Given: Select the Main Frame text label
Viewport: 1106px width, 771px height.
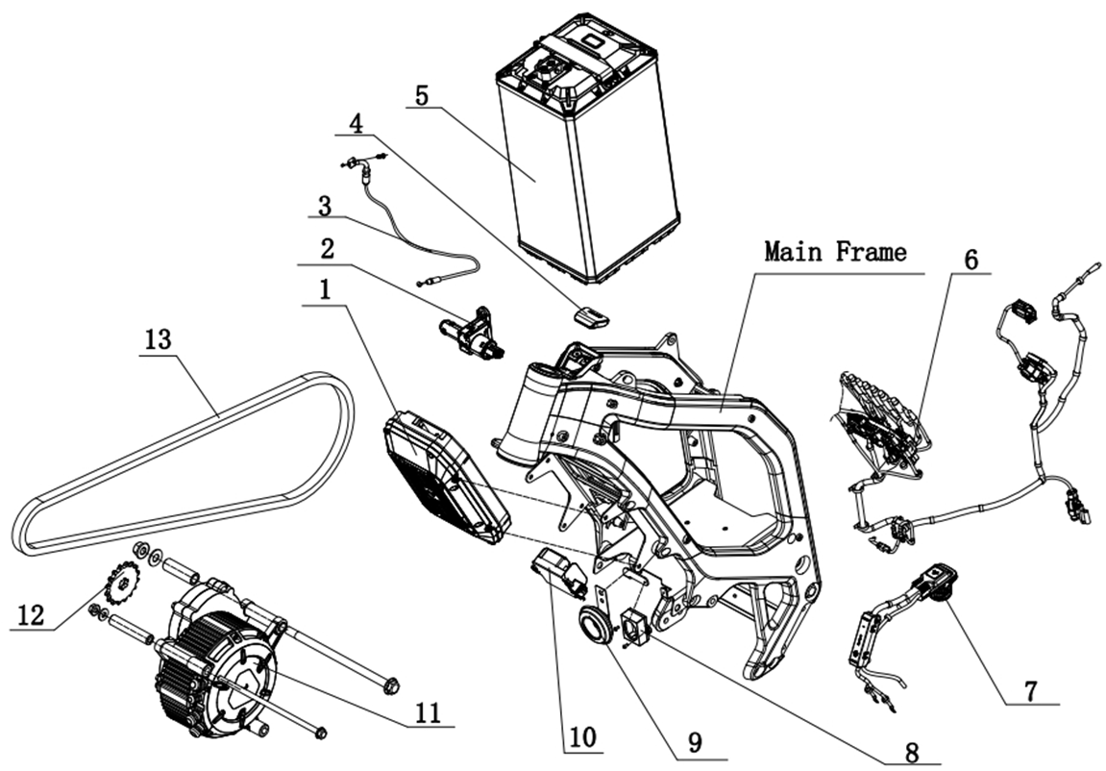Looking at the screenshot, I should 835,253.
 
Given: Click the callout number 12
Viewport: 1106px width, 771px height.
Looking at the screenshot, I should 30,615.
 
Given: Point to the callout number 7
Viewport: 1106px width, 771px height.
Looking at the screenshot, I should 1031,689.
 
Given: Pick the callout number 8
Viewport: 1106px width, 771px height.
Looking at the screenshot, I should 911,751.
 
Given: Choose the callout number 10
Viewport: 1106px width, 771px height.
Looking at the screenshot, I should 581,737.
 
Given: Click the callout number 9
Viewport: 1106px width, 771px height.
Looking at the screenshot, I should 695,742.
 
